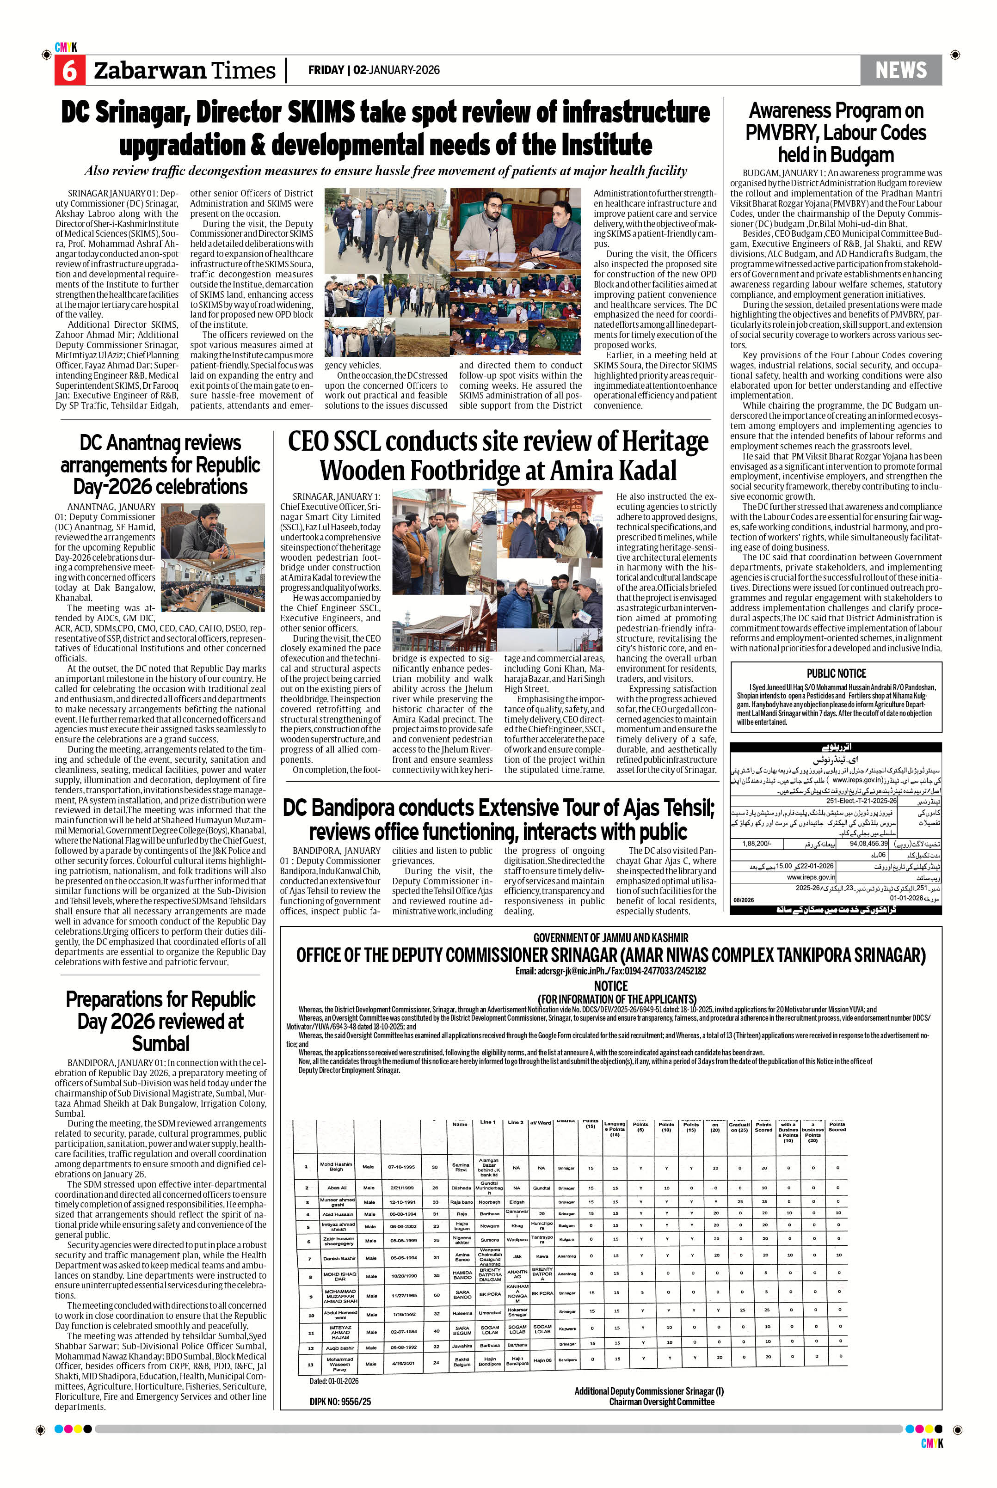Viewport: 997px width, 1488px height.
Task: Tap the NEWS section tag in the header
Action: click(900, 70)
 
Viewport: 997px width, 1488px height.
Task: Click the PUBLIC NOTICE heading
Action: click(836, 673)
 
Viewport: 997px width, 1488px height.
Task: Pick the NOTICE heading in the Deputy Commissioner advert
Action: click(610, 986)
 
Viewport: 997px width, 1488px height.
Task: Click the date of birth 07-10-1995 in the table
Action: click(401, 1167)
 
